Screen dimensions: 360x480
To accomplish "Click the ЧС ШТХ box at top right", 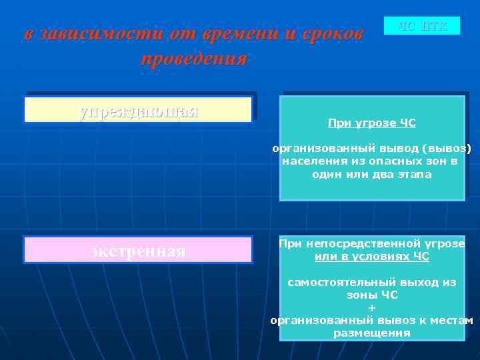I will click(422, 26).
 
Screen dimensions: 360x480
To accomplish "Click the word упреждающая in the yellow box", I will click(139, 110).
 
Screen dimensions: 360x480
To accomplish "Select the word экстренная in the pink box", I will click(138, 251).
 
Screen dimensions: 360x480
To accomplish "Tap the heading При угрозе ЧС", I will click(371, 123).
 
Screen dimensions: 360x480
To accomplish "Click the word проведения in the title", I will click(194, 58).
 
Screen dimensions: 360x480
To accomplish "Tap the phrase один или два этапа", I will click(371, 174).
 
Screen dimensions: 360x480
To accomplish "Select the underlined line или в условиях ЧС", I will click(371, 257).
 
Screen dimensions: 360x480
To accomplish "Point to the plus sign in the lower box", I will click(371, 307).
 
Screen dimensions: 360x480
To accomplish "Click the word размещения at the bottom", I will click(371, 333).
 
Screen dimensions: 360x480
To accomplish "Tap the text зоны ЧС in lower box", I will click(371, 295).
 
